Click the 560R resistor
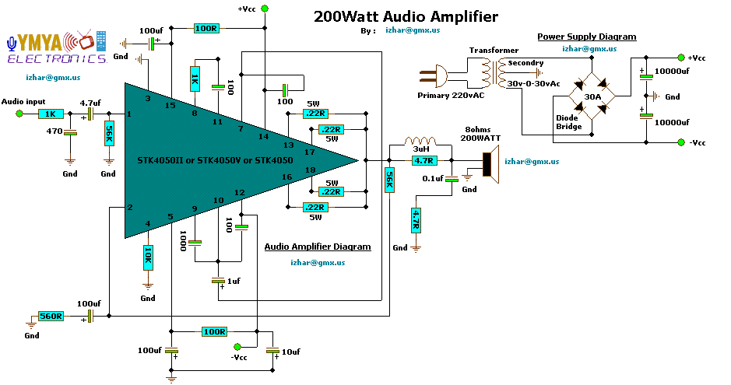click(51, 317)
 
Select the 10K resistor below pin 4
click(148, 257)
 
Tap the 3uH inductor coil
click(420, 141)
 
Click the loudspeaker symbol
click(490, 164)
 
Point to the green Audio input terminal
click(19, 114)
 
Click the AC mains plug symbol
click(434, 76)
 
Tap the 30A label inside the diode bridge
click(592, 96)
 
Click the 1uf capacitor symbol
click(218, 281)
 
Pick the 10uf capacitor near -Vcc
click(272, 351)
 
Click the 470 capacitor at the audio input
click(70, 133)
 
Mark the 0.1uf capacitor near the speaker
click(452, 179)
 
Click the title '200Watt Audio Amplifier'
click(406, 17)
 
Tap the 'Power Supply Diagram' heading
click(586, 37)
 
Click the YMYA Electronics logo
click(57, 47)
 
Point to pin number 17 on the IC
click(310, 152)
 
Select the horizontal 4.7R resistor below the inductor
click(423, 160)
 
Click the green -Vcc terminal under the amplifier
click(237, 347)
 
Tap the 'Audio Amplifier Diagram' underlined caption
click(318, 247)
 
